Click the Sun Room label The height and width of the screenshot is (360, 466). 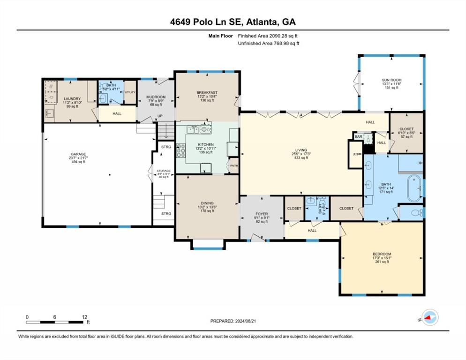click(391, 80)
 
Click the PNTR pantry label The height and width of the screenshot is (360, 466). click(233, 166)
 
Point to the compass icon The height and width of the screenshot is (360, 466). click(429, 317)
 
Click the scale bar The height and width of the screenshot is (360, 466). click(56, 322)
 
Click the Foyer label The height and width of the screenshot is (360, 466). click(261, 214)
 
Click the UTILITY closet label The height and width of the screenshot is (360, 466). click(130, 92)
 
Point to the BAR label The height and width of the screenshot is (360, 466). click(359, 137)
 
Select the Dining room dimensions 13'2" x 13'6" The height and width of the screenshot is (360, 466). click(207, 207)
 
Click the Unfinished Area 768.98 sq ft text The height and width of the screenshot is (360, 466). click(268, 43)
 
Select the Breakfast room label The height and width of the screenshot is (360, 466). click(207, 93)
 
